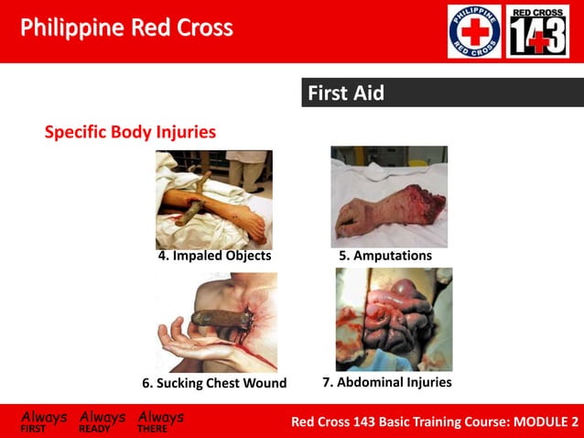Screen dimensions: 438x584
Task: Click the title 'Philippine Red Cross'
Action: (126, 27)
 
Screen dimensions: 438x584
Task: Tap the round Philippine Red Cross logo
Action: (474, 31)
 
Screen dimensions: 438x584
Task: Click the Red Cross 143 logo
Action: (538, 31)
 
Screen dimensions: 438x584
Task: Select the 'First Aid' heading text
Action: (346, 93)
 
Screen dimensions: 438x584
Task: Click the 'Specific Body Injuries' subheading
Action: (130, 132)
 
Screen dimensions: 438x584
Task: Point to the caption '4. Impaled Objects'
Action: (214, 256)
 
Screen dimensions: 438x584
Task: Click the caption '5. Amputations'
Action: (385, 256)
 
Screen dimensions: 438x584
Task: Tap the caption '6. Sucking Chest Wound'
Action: (214, 383)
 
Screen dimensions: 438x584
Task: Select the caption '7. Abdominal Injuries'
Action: (386, 382)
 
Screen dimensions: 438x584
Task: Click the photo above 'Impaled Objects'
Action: (213, 199)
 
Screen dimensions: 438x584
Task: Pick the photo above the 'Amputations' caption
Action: (388, 196)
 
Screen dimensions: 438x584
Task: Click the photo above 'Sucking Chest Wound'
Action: (216, 321)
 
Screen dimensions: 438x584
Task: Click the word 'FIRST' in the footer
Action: (34, 428)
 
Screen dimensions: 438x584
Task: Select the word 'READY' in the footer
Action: (94, 428)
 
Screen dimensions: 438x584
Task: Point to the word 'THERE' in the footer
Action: (153, 428)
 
